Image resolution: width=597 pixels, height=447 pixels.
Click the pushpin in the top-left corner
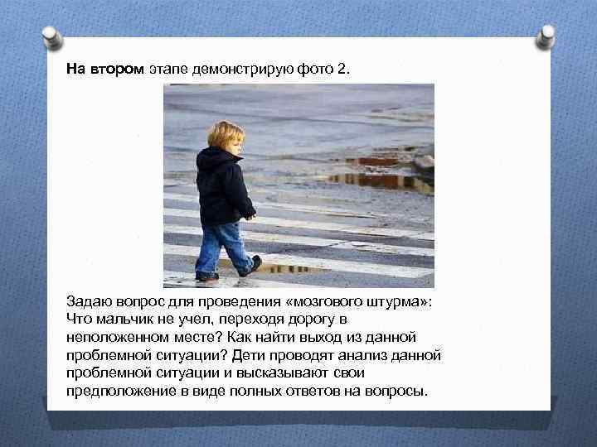click(x=51, y=36)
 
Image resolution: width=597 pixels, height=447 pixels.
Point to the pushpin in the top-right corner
click(x=545, y=36)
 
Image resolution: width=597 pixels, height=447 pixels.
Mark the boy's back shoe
click(x=206, y=275)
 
